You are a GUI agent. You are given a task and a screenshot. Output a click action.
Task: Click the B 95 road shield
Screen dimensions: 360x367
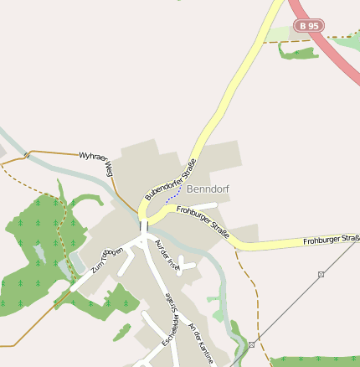(x=308, y=26)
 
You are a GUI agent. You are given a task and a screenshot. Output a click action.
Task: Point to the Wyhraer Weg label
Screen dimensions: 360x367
(x=95, y=162)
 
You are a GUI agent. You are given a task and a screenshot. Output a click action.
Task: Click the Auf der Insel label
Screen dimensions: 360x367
(x=168, y=255)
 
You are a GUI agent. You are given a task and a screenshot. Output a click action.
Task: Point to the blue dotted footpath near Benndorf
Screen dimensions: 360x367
(x=175, y=194)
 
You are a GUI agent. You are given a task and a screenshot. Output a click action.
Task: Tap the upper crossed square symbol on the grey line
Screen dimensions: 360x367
(x=321, y=274)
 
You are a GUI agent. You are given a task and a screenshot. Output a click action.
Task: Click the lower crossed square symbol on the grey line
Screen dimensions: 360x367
(x=251, y=344)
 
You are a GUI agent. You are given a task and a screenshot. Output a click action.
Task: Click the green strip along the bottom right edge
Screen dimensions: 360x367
(x=314, y=361)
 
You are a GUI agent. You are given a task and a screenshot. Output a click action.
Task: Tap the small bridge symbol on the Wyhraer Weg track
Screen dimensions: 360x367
(x=27, y=154)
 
